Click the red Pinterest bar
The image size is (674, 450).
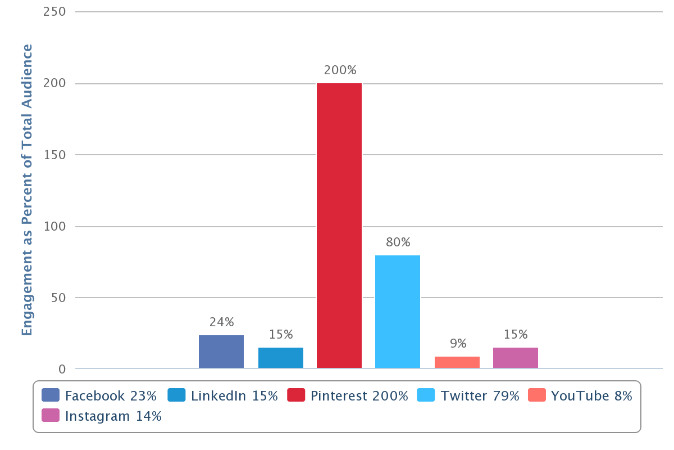339,226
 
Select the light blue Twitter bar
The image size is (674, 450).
398,312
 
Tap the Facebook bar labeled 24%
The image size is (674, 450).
221,352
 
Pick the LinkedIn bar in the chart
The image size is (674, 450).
281,358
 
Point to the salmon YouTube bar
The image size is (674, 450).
457,362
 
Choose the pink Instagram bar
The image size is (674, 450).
516,358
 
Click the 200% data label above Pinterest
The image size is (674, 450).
340,70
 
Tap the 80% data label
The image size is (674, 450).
398,242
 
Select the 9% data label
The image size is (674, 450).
458,343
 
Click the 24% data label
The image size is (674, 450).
222,322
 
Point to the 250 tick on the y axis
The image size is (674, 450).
54,12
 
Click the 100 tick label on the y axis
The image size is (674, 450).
54,227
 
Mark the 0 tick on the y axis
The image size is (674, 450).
62,369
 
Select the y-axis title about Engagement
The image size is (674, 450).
27,190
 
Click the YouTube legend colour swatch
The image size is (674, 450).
536,395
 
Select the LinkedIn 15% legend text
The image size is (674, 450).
234,395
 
